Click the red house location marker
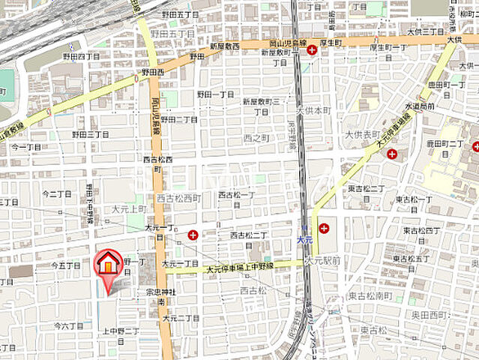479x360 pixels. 109,264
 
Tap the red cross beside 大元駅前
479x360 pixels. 323,228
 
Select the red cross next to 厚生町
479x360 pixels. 311,49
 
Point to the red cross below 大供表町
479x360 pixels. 392,153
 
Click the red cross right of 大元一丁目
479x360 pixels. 193,235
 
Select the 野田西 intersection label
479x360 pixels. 153,73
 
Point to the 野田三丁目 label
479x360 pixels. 91,133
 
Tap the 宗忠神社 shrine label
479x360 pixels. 160,291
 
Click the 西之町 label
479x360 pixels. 256,138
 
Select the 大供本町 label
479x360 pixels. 313,109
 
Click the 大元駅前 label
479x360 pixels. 323,260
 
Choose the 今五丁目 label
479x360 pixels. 66,265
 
